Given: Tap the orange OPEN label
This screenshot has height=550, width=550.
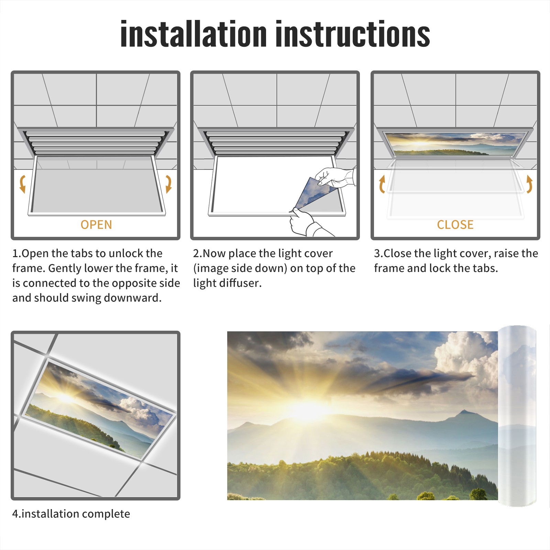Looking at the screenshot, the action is (x=96, y=225).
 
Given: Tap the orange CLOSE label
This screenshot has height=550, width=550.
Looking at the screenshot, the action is (x=455, y=225).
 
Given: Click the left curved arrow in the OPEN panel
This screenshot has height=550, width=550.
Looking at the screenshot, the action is (x=23, y=184).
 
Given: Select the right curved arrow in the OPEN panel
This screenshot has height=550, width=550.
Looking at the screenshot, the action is (x=169, y=184).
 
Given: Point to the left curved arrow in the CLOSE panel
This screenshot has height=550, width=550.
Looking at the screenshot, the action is (x=382, y=184).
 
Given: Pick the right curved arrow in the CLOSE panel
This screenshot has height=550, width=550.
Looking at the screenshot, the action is (x=529, y=184).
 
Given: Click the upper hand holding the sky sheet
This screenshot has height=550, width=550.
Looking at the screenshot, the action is (x=335, y=177).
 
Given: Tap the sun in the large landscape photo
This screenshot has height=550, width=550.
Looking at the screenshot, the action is (x=309, y=409).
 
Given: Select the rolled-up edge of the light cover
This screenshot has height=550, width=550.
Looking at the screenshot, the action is (x=517, y=416).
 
